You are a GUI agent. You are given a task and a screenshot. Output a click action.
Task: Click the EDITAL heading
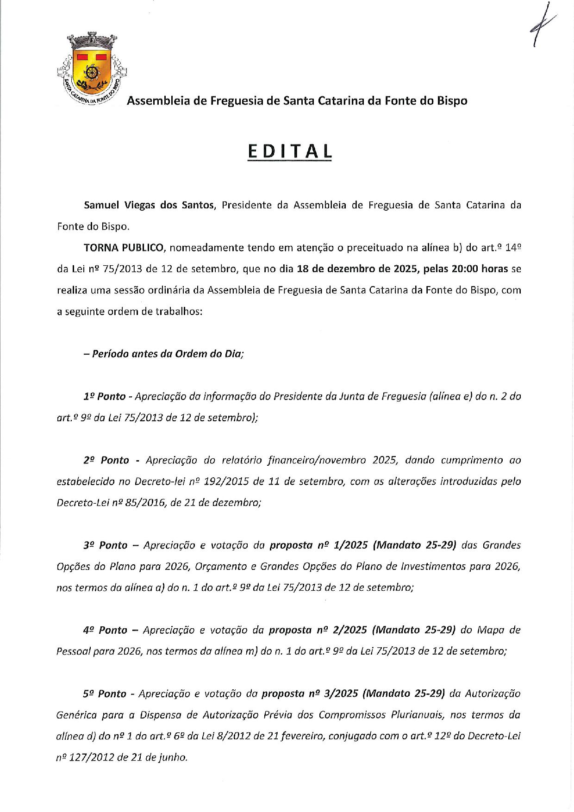tap(290, 152)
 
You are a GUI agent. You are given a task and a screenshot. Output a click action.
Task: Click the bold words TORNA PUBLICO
tap(124, 248)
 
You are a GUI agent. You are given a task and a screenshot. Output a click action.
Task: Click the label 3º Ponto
tap(105, 545)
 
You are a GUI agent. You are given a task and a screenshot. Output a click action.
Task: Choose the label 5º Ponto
tap(105, 693)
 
